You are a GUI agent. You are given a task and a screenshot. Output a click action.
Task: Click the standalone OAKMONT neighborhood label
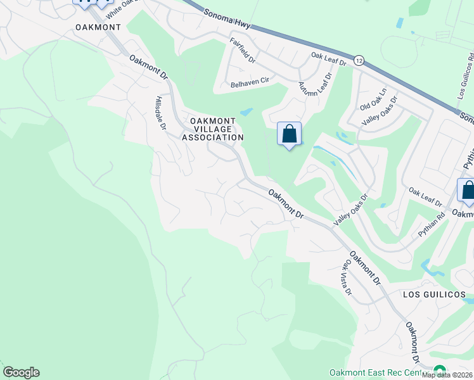coord(98,27)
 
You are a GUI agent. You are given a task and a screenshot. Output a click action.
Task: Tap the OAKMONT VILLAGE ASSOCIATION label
coord(213,129)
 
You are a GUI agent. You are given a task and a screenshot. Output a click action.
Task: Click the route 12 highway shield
coord(359,60)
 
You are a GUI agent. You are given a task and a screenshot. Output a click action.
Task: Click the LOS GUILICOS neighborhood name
coord(434,294)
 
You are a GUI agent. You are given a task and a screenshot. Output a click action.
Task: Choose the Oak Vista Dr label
coord(348,279)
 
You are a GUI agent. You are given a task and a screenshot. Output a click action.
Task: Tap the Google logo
coord(21,372)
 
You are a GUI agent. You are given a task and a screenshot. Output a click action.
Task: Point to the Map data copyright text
coord(447,375)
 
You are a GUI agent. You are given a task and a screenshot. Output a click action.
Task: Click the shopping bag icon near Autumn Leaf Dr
coord(289,135)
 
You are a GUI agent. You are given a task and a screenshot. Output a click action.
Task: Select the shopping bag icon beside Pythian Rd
coord(468,191)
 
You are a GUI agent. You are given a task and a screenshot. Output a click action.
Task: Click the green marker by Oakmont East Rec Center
coord(439,370)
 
